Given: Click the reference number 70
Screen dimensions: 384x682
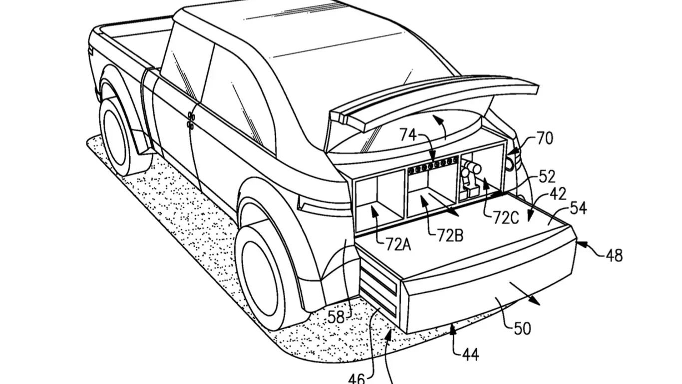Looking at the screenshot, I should [544, 138].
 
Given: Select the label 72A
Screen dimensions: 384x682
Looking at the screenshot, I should [398, 244].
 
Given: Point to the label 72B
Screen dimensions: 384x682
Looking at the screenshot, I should [450, 235].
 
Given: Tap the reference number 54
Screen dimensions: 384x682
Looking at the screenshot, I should [578, 207].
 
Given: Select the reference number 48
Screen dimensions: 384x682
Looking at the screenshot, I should [614, 255].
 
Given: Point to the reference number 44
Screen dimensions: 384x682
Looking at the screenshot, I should [470, 354].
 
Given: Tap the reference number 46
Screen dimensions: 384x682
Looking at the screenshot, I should [356, 377].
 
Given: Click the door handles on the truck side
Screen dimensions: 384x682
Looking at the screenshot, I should [191, 119].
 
